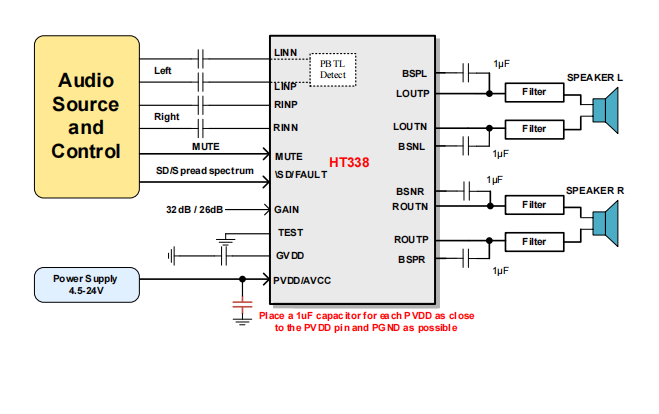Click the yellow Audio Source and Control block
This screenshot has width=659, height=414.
click(86, 116)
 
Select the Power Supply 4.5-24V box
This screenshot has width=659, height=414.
click(86, 284)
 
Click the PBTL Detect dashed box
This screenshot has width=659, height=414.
click(332, 69)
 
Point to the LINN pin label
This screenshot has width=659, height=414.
click(285, 52)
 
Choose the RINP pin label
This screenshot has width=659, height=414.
click(285, 103)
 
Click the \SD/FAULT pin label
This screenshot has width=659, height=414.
click(300, 174)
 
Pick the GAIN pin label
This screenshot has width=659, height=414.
click(286, 210)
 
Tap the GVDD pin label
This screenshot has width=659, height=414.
click(290, 255)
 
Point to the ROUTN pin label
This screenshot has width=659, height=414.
click(410, 206)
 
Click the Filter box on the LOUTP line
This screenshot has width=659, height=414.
click(534, 93)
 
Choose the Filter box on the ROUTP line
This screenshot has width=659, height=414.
click(534, 241)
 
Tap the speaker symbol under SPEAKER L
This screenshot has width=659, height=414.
click(604, 109)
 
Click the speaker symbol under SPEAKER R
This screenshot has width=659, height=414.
click(604, 222)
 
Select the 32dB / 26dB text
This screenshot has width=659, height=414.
click(194, 210)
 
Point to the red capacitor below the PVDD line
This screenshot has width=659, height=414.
click(240, 303)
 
